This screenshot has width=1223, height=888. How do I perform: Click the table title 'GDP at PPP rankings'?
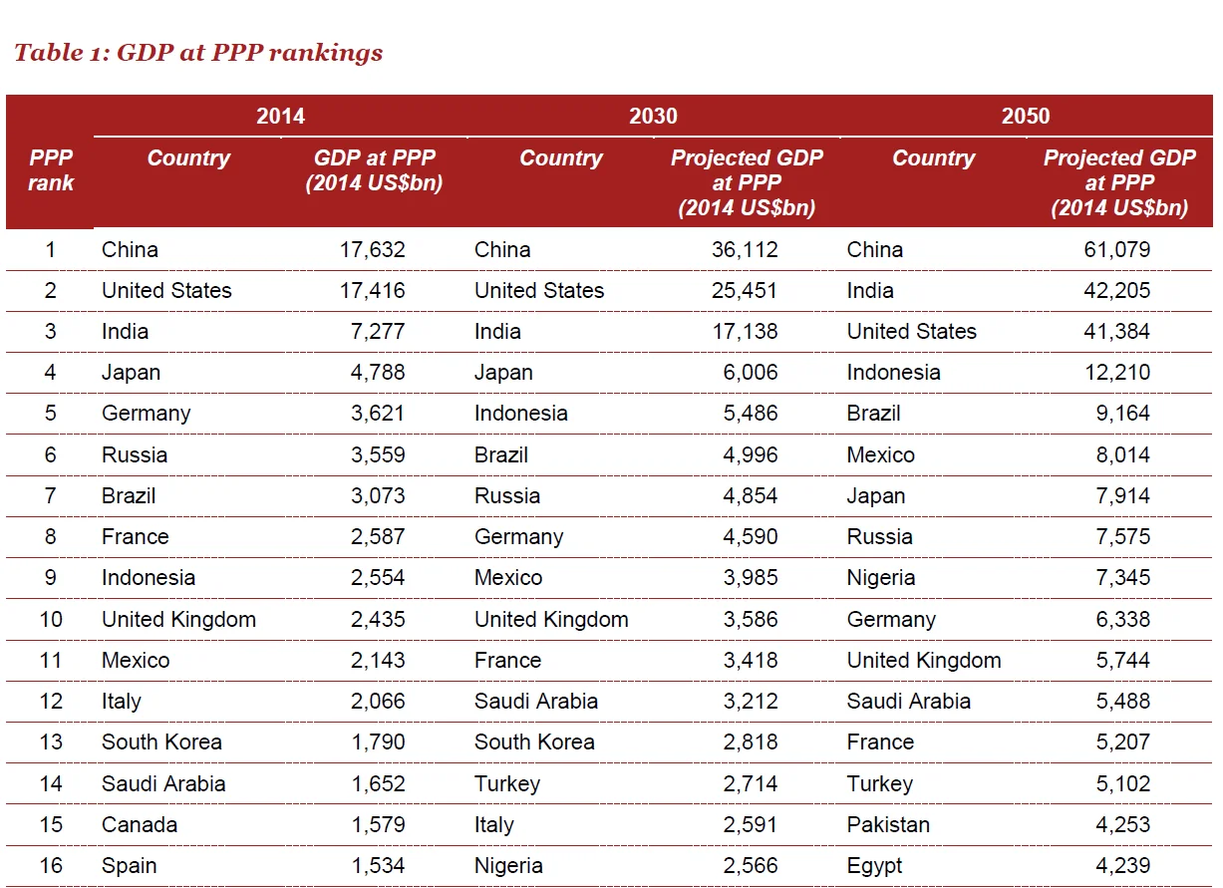198,53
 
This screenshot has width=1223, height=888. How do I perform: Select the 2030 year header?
653,116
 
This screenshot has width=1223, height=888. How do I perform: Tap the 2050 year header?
1026,116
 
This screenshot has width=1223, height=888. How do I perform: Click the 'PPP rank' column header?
51,170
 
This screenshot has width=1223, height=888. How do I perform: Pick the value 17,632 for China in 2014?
372,249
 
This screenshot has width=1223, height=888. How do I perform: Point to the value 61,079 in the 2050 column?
1116,249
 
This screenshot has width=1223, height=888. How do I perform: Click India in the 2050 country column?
870,291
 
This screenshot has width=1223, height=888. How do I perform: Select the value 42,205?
1116,291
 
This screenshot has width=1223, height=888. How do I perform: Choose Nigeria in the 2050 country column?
881,578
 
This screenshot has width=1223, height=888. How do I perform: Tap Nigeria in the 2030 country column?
508,866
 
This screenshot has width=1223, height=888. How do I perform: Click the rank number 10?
51,619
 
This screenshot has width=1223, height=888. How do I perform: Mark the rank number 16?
51,866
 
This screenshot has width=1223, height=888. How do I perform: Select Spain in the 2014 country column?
130,866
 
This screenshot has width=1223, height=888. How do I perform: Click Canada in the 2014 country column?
140,825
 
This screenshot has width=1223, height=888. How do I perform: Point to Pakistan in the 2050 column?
888,825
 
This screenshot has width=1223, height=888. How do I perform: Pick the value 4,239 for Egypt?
1122,866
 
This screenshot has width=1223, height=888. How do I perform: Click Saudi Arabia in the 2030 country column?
536,702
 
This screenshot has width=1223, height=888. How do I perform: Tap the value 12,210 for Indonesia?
1116,373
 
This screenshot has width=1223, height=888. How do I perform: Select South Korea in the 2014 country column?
161,742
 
